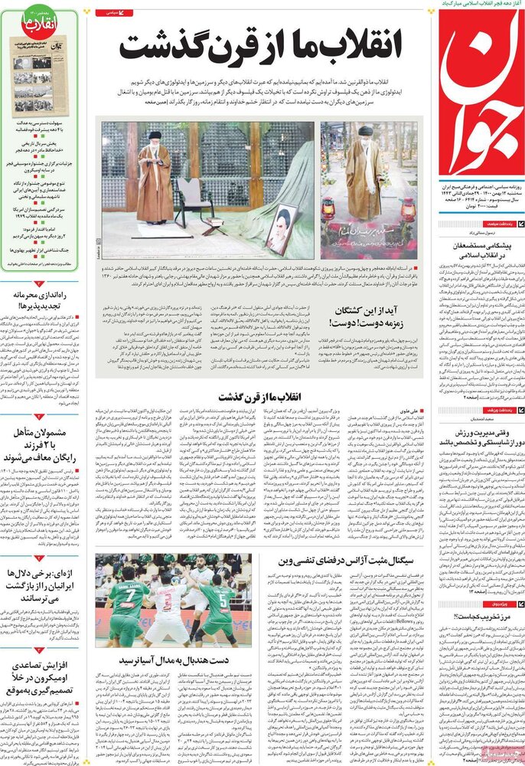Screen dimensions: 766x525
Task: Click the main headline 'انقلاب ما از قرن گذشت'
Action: tap(260, 47)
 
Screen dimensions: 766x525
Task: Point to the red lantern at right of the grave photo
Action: tap(408, 208)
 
